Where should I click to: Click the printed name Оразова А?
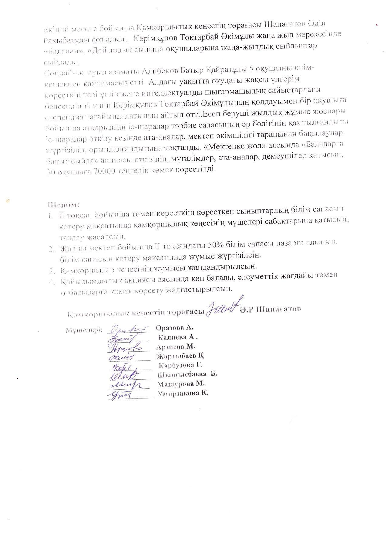(174, 328)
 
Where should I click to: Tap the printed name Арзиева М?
(176, 347)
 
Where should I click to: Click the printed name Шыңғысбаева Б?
(187, 374)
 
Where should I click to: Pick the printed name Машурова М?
(181, 384)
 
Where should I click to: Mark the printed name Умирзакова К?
(183, 393)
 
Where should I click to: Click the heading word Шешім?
(63, 205)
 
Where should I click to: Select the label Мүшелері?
(84, 330)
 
